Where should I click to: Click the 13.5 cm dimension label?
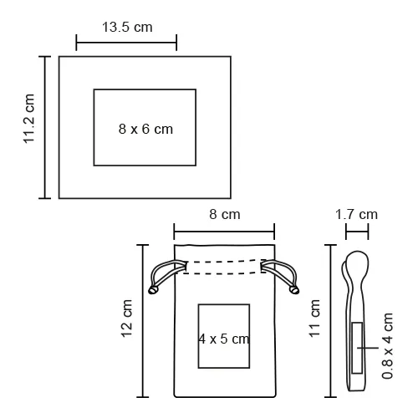(127, 28)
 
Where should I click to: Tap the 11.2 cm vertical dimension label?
(28, 119)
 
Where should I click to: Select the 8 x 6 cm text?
(145, 129)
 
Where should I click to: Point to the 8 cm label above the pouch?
(225, 214)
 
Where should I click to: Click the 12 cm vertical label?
(126, 319)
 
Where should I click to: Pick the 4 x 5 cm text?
(224, 339)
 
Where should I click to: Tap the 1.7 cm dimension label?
(356, 214)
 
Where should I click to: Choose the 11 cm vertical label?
(314, 319)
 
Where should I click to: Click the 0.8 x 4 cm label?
(387, 346)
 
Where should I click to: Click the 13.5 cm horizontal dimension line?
(126, 43)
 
